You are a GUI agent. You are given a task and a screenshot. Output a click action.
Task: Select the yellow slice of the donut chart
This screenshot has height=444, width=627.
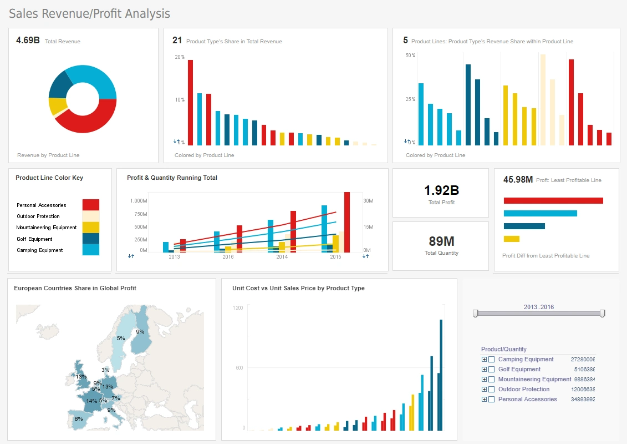pos(56,106)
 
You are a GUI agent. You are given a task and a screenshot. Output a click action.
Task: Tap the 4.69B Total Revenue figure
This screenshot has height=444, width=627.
pos(28,41)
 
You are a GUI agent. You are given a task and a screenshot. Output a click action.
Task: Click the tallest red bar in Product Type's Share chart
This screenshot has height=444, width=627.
pos(190,102)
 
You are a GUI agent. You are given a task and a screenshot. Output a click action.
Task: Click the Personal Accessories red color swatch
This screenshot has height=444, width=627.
pos(90,205)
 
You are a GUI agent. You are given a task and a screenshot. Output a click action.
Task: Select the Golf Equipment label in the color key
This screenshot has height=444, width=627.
pos(34,239)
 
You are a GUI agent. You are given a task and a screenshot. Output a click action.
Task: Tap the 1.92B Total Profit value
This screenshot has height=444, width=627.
pos(441,190)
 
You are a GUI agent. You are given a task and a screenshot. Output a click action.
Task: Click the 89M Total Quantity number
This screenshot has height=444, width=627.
pos(441,241)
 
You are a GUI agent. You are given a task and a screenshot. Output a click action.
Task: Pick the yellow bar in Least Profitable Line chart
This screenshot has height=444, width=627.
pos(511,239)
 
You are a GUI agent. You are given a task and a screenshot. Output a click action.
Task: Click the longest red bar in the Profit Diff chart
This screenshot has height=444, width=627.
pos(553,200)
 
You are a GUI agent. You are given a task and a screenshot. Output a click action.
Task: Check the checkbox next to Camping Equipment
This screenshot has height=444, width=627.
pos(491,360)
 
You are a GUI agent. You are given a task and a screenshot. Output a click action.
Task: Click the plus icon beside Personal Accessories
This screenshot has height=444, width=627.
pos(484,400)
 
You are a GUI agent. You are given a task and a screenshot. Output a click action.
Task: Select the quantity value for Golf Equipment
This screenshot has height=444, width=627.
pos(583,370)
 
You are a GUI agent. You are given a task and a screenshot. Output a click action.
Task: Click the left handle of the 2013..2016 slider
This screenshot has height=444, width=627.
pos(475,314)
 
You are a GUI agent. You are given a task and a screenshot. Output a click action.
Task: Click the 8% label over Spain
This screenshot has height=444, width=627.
pos(78,419)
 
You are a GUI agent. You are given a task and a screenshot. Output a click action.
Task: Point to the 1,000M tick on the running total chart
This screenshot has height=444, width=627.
pos(139,200)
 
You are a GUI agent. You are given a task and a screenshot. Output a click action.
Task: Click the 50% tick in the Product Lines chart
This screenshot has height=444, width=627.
pos(410,56)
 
